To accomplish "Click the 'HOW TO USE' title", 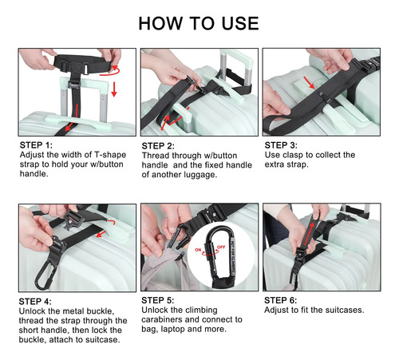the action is click(199, 23).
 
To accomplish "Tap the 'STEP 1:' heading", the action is click(36, 145).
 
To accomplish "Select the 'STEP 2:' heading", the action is click(158, 146).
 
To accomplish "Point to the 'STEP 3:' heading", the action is click(281, 145).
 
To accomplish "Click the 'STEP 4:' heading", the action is click(35, 302).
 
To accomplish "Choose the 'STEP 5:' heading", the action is click(158, 300).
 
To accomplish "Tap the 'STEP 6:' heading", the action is click(281, 300).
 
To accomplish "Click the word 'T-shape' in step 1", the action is click(110, 155).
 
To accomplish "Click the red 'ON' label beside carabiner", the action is click(198, 250).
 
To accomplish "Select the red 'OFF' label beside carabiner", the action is click(221, 247).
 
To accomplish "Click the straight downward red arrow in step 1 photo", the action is click(114, 89).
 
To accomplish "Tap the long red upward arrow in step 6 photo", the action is click(310, 233).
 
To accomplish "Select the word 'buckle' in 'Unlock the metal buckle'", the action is click(101, 311).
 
